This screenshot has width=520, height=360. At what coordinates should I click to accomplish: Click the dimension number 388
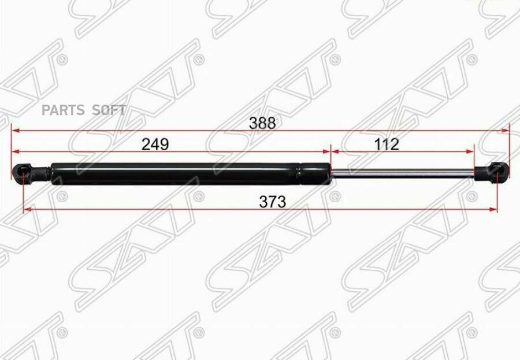coord(262,123)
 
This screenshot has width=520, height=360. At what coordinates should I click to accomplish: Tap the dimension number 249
coord(155,144)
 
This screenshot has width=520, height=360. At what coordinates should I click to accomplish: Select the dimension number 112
coord(387,144)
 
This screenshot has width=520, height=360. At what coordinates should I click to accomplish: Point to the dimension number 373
coord(272,202)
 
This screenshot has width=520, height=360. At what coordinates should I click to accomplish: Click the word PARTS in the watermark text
coord(64,110)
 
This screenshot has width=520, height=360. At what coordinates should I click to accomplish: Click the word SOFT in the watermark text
coord(109,110)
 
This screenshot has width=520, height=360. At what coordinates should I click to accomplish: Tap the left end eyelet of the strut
coord(22,172)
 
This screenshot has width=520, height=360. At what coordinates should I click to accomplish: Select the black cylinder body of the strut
coord(191,173)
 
